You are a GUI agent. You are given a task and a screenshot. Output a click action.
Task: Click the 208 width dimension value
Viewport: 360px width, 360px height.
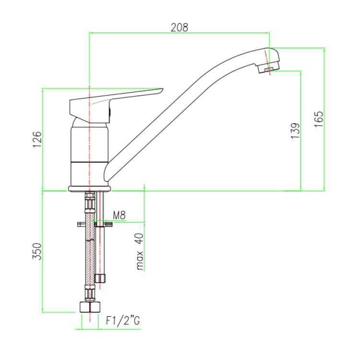(x=180, y=27)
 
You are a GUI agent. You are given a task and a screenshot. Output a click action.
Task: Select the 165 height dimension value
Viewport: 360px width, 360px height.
(x=319, y=119)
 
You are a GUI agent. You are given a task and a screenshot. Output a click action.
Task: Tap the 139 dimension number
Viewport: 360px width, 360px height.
(x=295, y=131)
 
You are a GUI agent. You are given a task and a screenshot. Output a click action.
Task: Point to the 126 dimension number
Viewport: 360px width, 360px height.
(x=37, y=139)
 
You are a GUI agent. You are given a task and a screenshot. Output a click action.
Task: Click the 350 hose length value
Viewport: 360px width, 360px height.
(x=37, y=252)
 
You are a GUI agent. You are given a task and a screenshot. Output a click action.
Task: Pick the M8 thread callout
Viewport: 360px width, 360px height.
(x=120, y=216)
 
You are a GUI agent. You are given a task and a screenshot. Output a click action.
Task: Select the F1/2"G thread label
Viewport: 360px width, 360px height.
(x=123, y=321)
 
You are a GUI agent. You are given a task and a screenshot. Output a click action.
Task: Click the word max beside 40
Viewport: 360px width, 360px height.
(x=140, y=260)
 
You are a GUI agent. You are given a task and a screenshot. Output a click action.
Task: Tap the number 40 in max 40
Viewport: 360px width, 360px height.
(x=140, y=239)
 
